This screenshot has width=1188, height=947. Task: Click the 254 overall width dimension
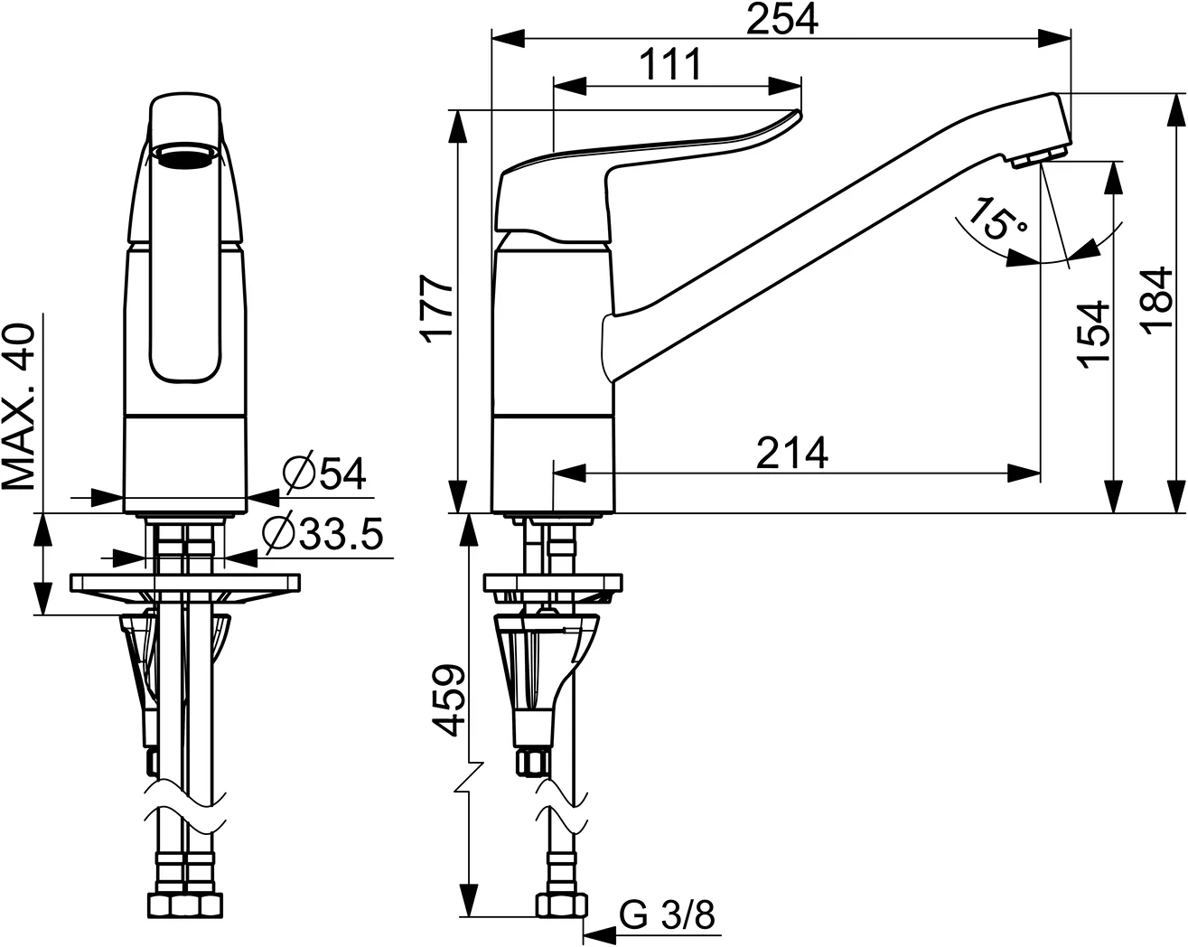[x=781, y=18]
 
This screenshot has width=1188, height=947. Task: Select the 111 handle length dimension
[x=670, y=64]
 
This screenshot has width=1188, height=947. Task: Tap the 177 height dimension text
[x=437, y=309]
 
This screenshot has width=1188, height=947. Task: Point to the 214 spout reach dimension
[x=791, y=453]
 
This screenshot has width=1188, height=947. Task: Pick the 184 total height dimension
[x=1157, y=301]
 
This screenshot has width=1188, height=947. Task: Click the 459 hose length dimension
[x=448, y=701]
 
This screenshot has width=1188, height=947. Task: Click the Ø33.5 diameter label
[x=323, y=534]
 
